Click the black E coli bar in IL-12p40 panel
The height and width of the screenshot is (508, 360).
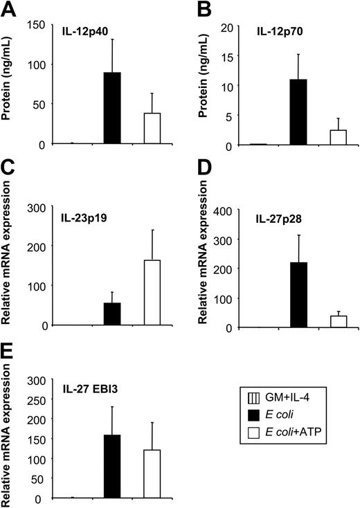[111, 108]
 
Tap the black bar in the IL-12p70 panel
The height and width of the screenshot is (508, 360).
[298, 112]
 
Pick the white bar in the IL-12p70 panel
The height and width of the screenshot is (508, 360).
[339, 137]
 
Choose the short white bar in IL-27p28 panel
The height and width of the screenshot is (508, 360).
[339, 321]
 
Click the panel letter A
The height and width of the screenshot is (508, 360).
[9, 9]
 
